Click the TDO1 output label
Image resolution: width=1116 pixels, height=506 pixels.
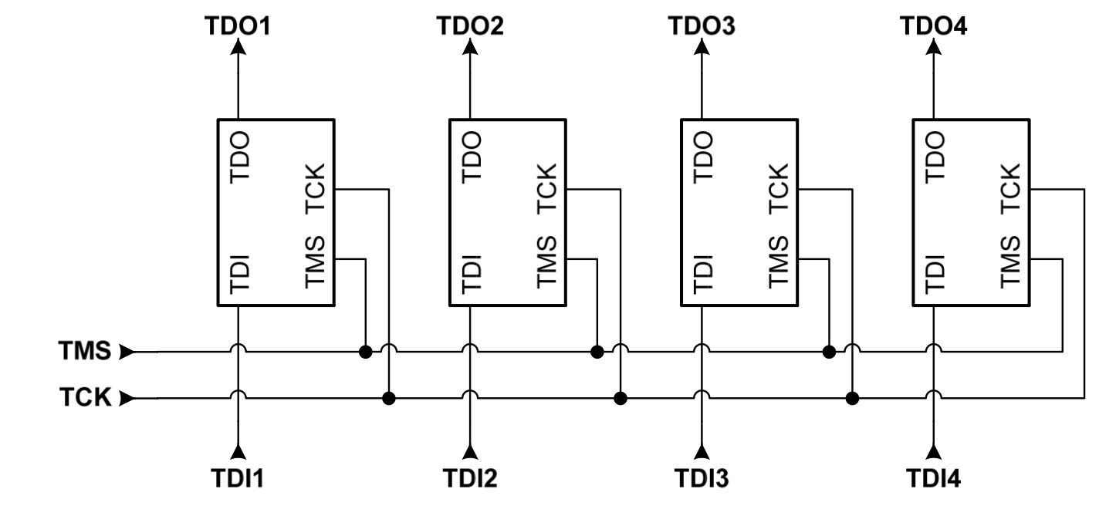click(x=238, y=25)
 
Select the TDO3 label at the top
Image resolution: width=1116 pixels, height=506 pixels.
click(x=702, y=25)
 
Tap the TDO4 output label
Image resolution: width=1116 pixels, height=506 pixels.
click(x=934, y=25)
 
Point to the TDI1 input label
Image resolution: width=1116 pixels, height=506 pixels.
click(x=238, y=479)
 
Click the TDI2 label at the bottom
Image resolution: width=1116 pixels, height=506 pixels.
click(x=469, y=479)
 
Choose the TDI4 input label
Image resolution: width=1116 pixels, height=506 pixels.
click(x=934, y=479)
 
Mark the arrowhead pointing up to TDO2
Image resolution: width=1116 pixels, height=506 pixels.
click(x=469, y=48)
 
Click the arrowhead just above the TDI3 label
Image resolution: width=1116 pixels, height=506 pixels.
click(x=702, y=451)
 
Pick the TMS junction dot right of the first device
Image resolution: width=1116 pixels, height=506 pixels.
click(x=365, y=353)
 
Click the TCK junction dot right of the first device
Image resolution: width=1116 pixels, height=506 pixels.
click(x=389, y=399)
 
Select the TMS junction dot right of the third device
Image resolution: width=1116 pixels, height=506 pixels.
click(x=829, y=353)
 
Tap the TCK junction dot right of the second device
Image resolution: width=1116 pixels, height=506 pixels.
click(x=621, y=399)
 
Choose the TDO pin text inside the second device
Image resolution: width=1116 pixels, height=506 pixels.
click(x=472, y=157)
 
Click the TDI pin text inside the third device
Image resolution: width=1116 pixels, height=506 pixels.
click(x=703, y=274)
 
